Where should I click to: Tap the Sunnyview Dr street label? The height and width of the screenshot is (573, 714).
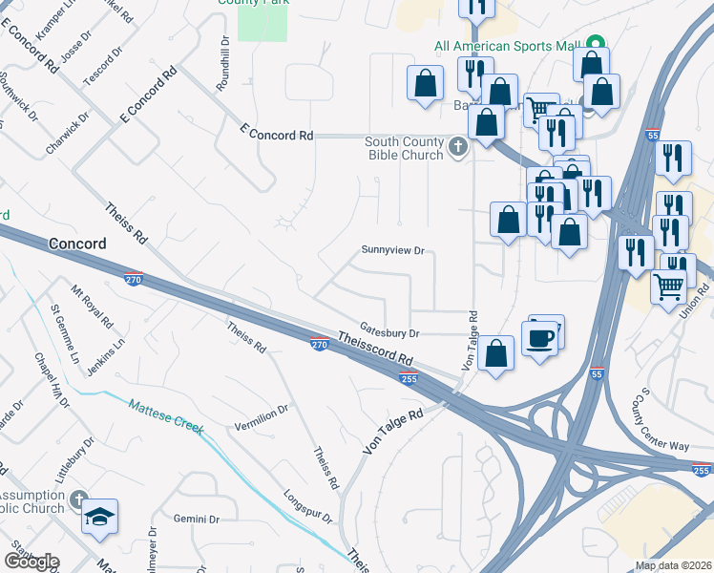391,250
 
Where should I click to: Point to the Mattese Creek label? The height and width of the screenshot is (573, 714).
166,416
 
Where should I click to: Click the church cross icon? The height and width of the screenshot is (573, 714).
458,148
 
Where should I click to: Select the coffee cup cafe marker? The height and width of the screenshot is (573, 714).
540,338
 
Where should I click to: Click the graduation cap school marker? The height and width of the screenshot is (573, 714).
99,517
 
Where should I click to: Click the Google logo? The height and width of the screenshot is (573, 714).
31,561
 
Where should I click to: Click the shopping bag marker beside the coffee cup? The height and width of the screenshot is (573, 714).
497,353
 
